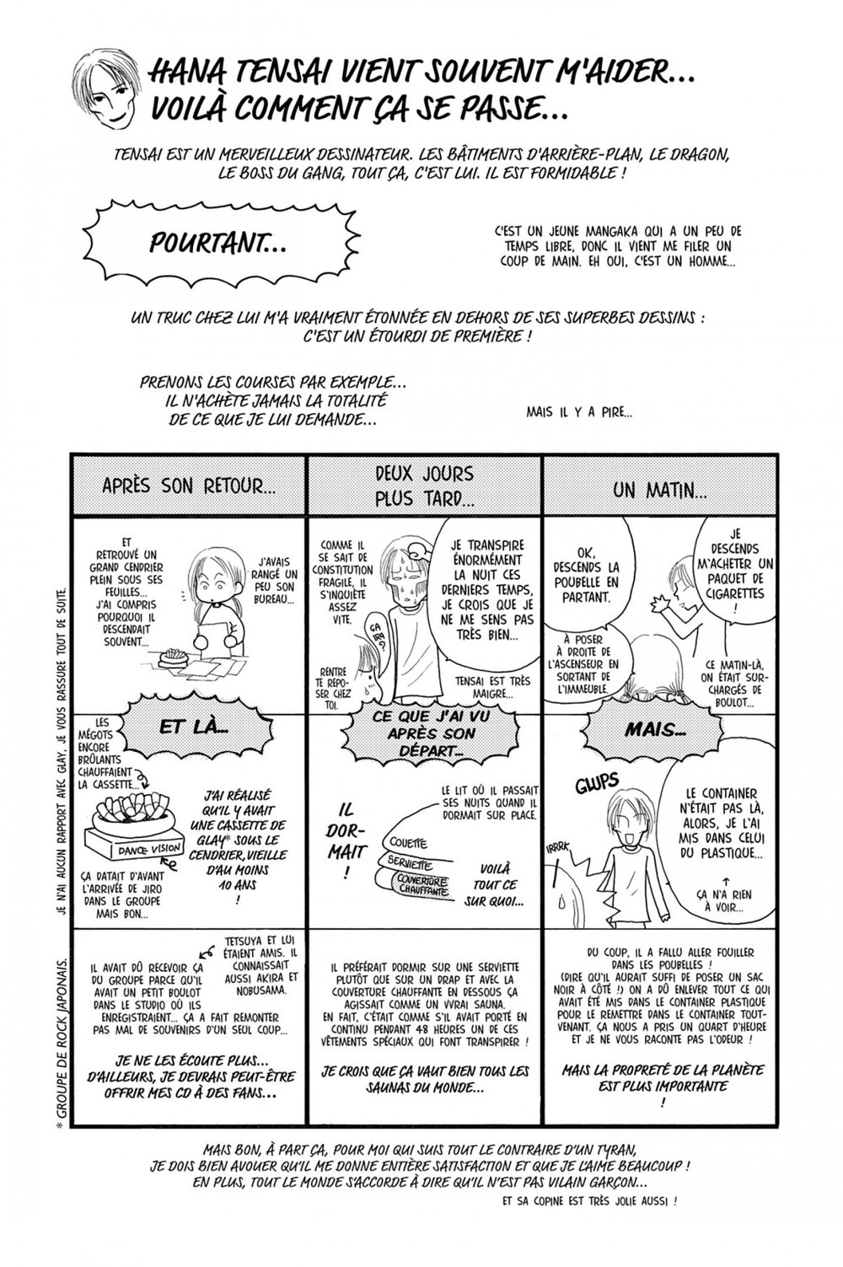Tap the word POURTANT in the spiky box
(x=217, y=244)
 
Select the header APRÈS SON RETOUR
(x=189, y=486)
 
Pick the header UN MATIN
(x=660, y=488)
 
